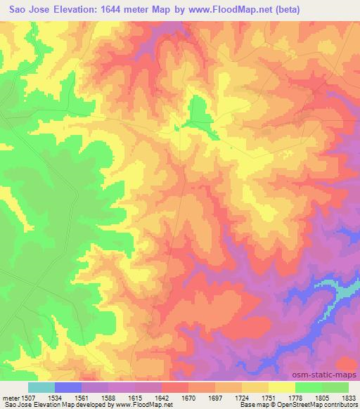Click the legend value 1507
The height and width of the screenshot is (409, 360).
point(29,397)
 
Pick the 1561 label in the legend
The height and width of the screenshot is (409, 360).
point(82,397)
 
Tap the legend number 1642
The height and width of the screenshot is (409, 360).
point(162,397)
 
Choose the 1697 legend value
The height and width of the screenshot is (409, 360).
point(215,397)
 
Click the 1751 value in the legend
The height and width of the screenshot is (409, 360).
point(269,397)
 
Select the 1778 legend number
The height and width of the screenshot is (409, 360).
point(295,397)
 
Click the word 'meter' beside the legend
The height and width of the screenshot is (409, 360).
point(10,397)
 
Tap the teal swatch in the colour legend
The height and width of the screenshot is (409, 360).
point(41,387)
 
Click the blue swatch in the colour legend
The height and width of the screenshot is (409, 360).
point(68,387)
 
